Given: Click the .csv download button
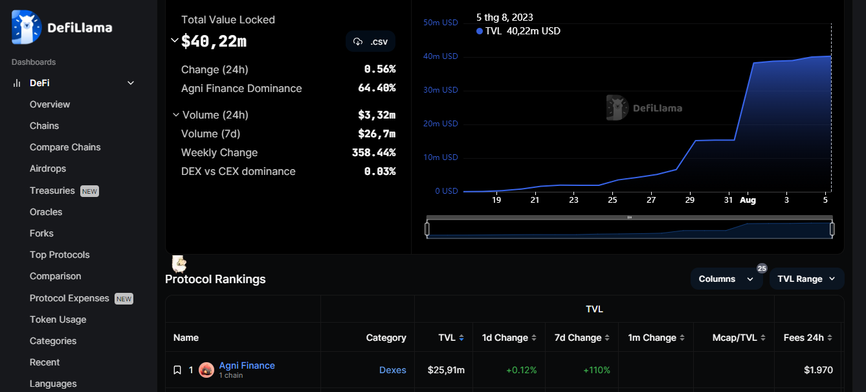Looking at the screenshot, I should [370, 41].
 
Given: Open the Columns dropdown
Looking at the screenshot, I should [726, 279].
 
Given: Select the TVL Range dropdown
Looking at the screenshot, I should [806, 279].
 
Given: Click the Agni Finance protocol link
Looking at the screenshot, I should [247, 365].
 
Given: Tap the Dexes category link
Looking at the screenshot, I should [392, 370].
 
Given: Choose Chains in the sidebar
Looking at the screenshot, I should [44, 126].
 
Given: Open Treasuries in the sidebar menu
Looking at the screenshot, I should [52, 190].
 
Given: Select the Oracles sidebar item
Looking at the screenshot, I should [46, 212].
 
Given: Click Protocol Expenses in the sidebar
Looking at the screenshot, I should [69, 298].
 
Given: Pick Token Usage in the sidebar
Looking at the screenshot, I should [58, 319].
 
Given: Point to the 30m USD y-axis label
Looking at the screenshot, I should [441, 90].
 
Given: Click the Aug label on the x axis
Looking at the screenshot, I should [748, 200].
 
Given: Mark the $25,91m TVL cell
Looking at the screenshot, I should [446, 370].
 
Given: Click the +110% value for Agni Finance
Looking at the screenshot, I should [596, 370].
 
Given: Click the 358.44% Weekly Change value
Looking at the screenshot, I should [373, 153].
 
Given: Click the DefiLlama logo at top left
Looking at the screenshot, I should [62, 27].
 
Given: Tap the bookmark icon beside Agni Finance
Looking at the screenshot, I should [177, 370].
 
